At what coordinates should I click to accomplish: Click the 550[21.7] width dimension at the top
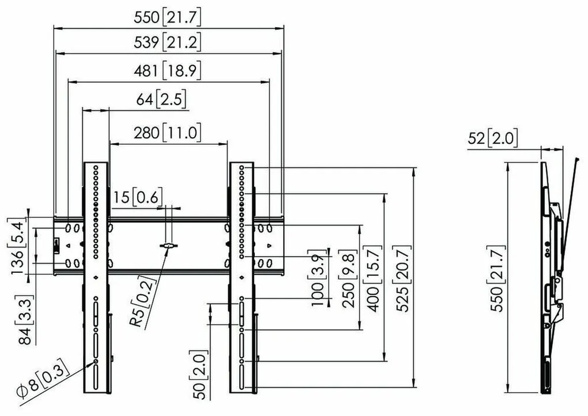[168, 18]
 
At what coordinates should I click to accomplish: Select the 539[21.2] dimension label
[168, 43]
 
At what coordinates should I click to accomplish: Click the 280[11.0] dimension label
[168, 133]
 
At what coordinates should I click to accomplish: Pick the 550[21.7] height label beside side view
[496, 278]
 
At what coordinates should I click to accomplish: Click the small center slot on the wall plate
[168, 246]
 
